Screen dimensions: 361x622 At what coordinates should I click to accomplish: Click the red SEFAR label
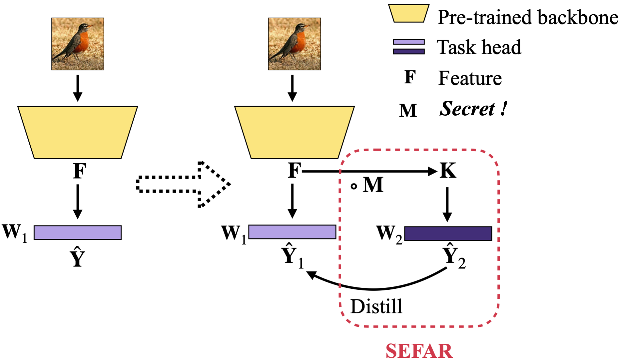(419, 351)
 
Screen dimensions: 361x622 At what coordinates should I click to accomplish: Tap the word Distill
(376, 307)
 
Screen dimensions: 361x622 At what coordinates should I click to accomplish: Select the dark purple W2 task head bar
(448, 234)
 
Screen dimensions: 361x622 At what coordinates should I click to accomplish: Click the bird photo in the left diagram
(78, 44)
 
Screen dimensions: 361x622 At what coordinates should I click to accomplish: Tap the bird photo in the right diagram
(294, 44)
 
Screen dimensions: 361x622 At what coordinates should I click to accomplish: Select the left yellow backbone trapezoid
(78, 132)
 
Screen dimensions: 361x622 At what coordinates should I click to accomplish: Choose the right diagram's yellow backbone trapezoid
(294, 132)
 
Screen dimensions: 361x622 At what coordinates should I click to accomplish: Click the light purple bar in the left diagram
(78, 233)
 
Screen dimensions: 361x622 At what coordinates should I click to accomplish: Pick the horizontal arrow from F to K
(368, 171)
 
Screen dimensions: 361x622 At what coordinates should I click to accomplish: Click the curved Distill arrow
(375, 288)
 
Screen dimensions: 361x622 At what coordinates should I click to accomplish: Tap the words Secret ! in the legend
(473, 109)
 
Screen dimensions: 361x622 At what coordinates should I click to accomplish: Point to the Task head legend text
(479, 47)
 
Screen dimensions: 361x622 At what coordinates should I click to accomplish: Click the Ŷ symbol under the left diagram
(78, 257)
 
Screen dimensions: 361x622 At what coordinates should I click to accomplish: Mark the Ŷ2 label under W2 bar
(454, 256)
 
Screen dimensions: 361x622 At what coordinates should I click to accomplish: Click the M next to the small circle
(373, 185)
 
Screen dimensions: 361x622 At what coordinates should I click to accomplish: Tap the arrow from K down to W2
(447, 205)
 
